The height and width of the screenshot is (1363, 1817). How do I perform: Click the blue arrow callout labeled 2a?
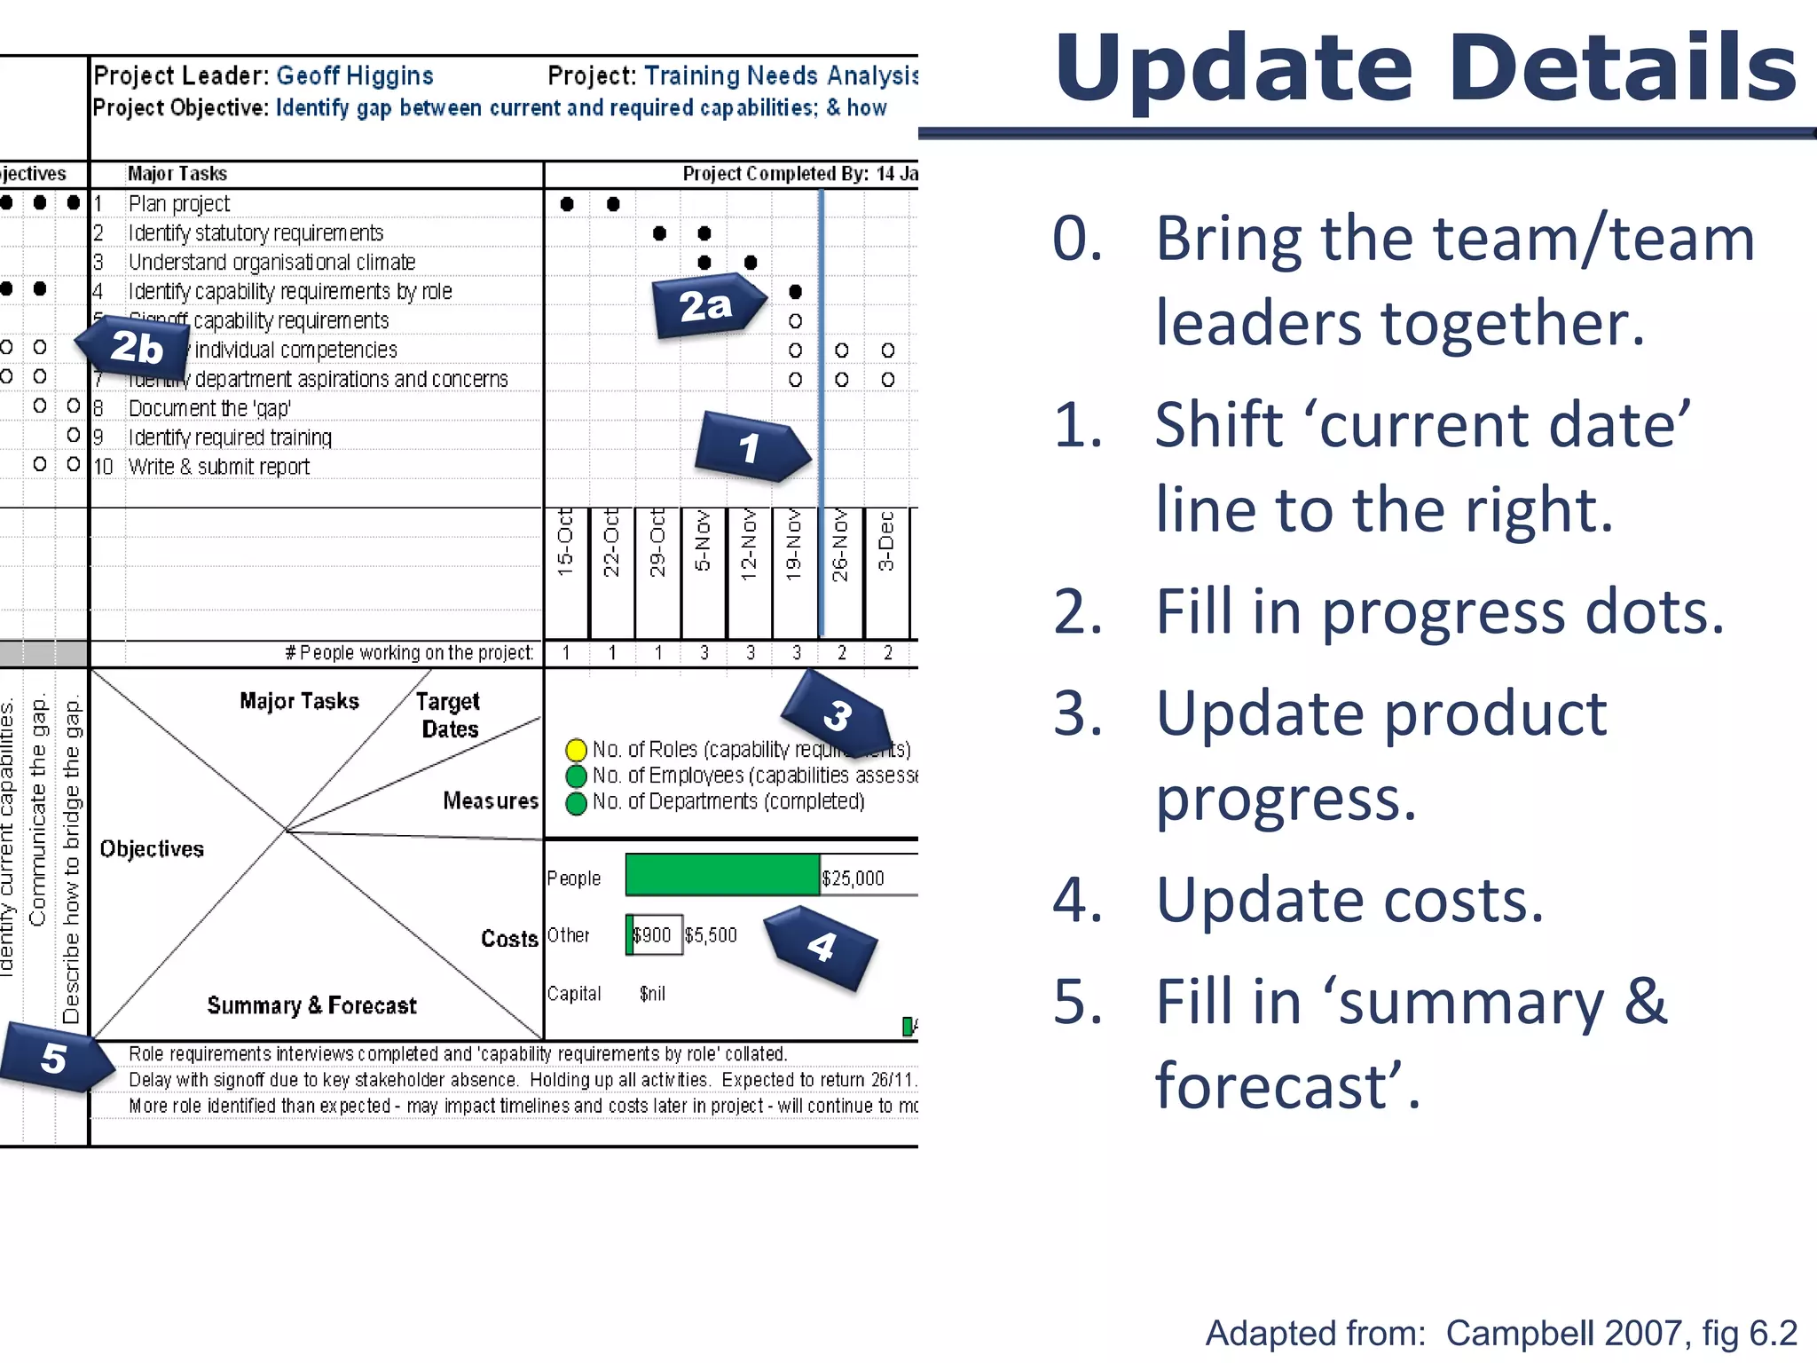[x=707, y=307]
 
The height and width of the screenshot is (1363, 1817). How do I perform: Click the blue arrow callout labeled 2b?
[x=136, y=347]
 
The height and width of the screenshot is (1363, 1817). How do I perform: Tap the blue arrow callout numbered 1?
[x=751, y=447]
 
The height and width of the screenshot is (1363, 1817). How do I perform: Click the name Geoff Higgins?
[x=355, y=76]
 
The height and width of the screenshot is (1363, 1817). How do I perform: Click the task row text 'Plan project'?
[x=179, y=204]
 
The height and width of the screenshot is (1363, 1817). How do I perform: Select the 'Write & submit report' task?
[x=219, y=467]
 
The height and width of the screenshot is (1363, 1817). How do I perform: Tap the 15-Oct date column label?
[x=565, y=543]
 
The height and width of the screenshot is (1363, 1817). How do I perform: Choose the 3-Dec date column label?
[x=886, y=541]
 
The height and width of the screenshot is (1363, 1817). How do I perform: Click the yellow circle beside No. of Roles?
[x=576, y=750]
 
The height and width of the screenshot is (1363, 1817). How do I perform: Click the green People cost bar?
[x=722, y=875]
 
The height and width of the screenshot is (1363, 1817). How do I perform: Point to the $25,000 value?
[x=853, y=878]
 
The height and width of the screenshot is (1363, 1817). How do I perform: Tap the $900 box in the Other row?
[x=654, y=935]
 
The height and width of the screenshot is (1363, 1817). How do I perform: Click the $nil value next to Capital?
[x=652, y=994]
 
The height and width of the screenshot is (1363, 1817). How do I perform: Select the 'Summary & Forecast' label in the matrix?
[x=311, y=1005]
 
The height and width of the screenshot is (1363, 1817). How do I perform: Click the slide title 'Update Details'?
[x=1425, y=69]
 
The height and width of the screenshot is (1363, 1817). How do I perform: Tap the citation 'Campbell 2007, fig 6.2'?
[x=1621, y=1333]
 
